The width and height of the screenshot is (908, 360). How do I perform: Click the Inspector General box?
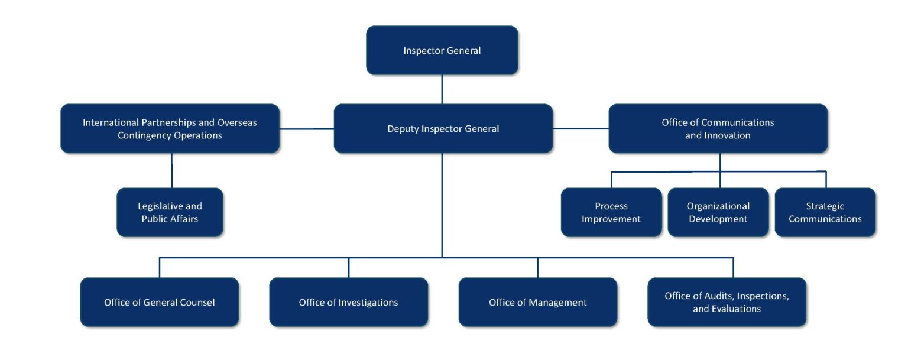(442, 50)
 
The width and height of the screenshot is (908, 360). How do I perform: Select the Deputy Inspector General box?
(443, 128)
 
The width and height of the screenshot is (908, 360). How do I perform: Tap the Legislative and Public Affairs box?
(170, 212)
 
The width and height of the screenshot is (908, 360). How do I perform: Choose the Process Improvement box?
(611, 212)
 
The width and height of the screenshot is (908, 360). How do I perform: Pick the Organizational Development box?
(718, 212)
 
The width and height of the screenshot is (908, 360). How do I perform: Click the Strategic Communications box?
(825, 212)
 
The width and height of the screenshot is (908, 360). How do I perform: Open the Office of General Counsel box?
(159, 302)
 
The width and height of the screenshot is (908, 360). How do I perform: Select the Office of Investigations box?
(348, 302)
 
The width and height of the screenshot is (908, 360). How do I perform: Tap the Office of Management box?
(537, 302)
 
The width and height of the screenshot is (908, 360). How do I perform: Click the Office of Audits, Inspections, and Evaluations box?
(727, 302)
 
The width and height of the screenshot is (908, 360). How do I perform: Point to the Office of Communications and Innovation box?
(718, 128)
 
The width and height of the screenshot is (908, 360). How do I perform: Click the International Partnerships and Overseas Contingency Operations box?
(170, 128)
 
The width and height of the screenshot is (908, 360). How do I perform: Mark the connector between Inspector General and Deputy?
(442, 89)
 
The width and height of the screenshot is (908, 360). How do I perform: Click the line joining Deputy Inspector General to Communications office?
(581, 128)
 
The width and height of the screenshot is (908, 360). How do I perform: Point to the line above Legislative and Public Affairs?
(172, 170)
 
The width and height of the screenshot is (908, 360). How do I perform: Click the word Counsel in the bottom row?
(197, 303)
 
